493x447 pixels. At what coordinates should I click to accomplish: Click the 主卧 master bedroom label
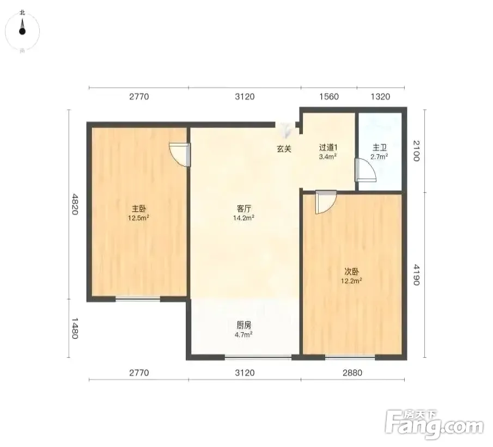point(139,209)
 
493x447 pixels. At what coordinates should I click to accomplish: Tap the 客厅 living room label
point(244,209)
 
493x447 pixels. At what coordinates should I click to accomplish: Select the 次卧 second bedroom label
point(351,271)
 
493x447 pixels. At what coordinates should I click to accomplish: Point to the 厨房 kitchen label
point(244,325)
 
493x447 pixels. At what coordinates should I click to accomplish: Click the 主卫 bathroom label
point(380,148)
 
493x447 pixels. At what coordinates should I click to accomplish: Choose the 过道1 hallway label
point(328,148)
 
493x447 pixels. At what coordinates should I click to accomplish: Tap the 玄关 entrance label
point(284,149)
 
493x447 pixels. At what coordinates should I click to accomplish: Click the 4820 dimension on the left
point(75,204)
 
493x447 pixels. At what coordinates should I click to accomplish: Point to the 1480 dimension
point(75,328)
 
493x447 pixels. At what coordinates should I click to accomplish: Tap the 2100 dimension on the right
point(416,151)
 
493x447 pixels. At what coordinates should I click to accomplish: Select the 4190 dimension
point(416,275)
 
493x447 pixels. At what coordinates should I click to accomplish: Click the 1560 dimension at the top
point(329,96)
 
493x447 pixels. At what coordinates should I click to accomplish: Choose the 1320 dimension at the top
point(380,96)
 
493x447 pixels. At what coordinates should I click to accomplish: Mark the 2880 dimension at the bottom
point(352,373)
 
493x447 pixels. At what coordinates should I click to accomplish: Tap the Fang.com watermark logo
point(434,424)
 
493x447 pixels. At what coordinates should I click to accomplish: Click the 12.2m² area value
point(351,281)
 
